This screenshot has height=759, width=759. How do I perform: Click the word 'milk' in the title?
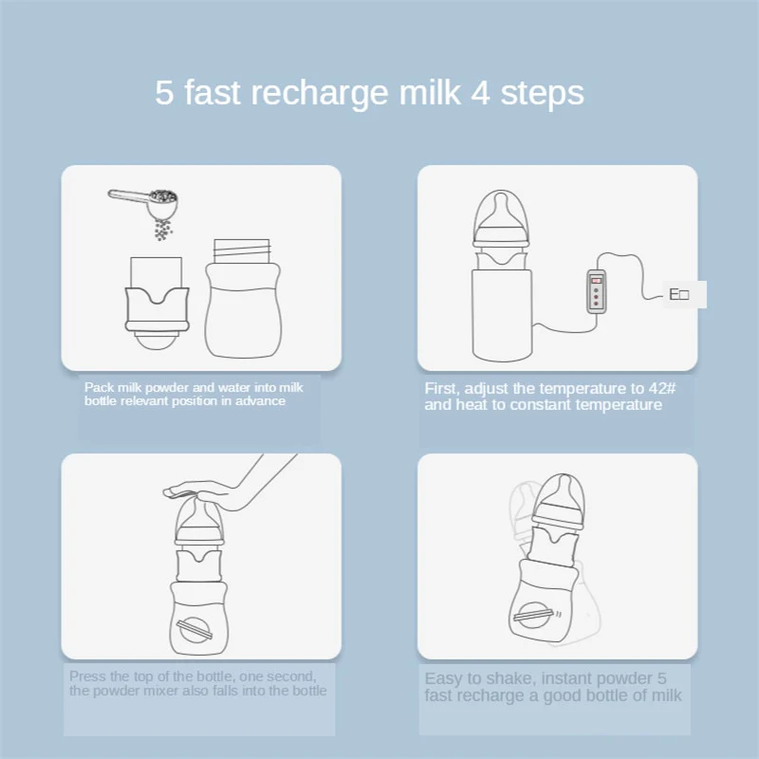[x=430, y=92]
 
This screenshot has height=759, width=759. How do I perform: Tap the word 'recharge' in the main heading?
[x=320, y=94]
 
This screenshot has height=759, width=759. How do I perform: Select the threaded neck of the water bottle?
[x=242, y=251]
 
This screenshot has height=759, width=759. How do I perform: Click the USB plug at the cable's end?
[x=678, y=294]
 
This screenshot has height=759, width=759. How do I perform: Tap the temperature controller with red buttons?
[x=597, y=292]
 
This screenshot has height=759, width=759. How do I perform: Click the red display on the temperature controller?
[x=597, y=280]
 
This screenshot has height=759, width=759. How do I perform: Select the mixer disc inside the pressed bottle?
[x=194, y=629]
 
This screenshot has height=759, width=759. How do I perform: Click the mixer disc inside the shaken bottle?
[x=532, y=614]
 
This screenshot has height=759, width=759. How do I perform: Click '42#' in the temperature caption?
[x=661, y=388]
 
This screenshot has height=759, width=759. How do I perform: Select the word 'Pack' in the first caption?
[x=100, y=387]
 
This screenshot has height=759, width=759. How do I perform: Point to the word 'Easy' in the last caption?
[x=443, y=678]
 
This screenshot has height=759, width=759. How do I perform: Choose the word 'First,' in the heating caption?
[x=442, y=389]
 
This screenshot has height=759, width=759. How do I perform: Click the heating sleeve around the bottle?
[x=502, y=315]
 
